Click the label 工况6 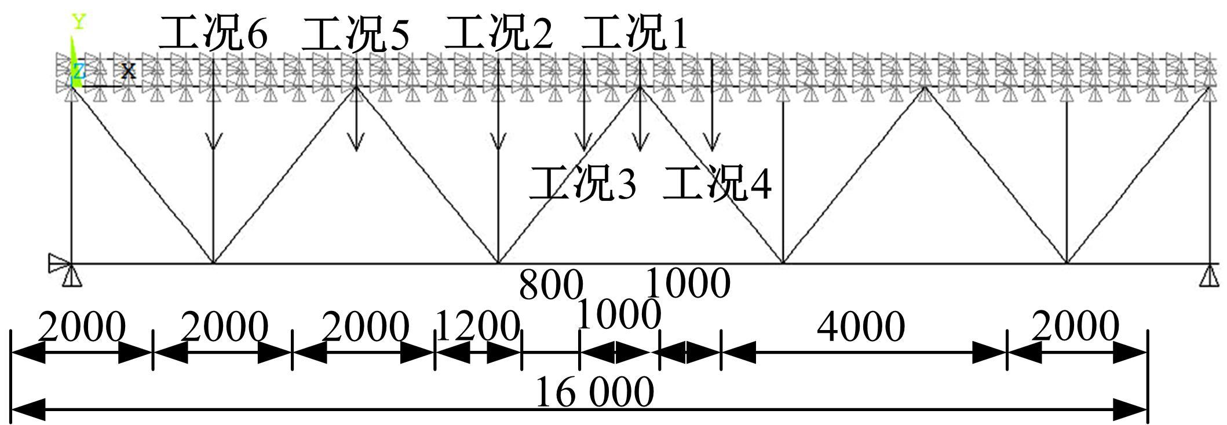[x=213, y=34]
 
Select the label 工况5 [x=356, y=34]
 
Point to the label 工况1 [x=635, y=34]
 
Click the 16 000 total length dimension [x=594, y=392]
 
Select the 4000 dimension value [x=861, y=327]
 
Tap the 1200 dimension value [x=477, y=327]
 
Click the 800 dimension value [x=550, y=285]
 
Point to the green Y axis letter [x=79, y=23]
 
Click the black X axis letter [x=128, y=71]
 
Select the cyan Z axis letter [x=78, y=72]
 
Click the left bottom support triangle [x=72, y=276]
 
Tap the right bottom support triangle [x=1209, y=276]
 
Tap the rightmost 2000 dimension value [x=1075, y=327]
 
